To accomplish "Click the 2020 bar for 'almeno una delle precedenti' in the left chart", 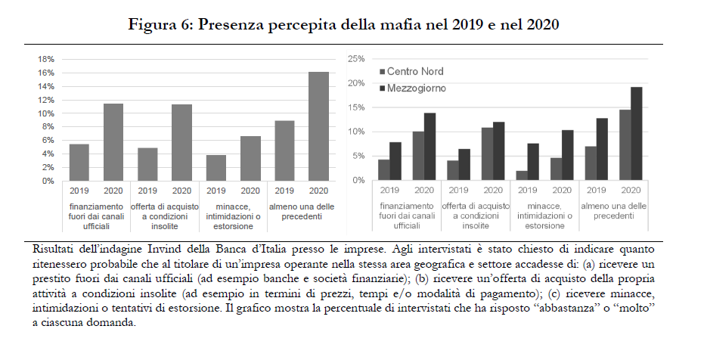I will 319,126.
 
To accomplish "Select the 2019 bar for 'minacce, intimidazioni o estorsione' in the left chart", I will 216,168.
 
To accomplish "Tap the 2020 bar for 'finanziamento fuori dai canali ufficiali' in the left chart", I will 113,142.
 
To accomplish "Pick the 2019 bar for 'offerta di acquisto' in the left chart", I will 147,164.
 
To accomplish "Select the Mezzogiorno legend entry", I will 417,88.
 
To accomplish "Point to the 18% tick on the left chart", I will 46,59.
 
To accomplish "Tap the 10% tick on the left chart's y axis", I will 46,113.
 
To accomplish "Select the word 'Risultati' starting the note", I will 55,248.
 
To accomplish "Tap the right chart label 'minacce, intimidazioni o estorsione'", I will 544,216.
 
